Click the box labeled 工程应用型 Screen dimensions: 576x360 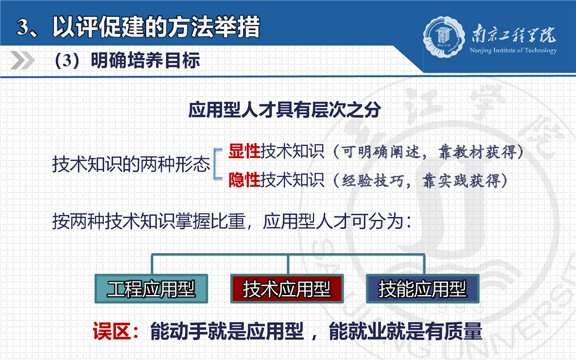[151, 288]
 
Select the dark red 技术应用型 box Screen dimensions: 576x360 [287, 288]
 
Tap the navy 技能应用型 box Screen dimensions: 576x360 [423, 288]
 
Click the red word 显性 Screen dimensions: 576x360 [244, 151]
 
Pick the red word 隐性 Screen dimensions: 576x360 [244, 180]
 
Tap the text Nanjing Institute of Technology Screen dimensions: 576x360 [513, 50]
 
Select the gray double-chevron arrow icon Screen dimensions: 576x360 [22, 60]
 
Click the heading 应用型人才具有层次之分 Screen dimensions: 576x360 [285, 109]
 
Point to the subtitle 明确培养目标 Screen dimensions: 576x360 [145, 60]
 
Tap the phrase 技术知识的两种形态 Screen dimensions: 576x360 [131, 164]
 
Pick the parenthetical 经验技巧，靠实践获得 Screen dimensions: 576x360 [420, 180]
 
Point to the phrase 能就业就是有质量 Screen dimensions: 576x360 [405, 331]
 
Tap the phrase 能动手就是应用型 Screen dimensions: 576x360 [226, 331]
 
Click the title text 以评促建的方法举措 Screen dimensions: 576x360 [156, 27]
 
